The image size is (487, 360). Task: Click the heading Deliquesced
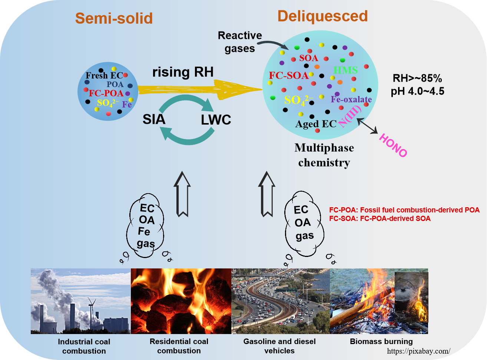tap(322, 16)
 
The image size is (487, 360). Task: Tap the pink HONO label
tap(393, 145)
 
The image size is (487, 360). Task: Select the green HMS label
tap(345, 70)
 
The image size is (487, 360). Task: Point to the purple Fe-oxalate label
tap(351, 99)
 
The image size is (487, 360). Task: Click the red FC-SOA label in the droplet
tap(288, 76)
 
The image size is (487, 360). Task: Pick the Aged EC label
tap(316, 124)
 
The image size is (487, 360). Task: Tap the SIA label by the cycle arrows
tap(154, 119)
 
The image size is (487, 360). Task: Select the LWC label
tap(216, 120)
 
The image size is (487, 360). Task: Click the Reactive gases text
tap(240, 42)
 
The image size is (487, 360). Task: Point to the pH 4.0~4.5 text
tap(417, 91)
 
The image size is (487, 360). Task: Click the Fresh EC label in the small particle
tap(104, 76)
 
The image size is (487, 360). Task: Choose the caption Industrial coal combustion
tap(84, 346)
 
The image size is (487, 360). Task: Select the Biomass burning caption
tap(381, 341)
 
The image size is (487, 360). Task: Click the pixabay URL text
tap(419, 351)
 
